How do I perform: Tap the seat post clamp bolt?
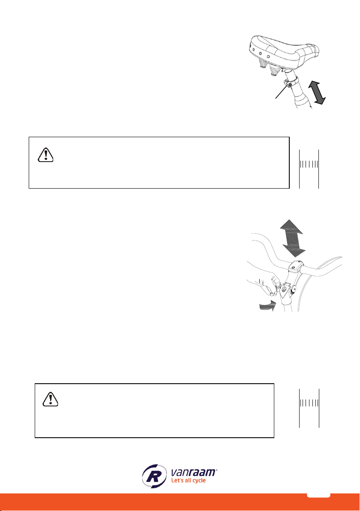point(289,85)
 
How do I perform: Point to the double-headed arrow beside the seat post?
point(317,93)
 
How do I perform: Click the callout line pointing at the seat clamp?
point(282,92)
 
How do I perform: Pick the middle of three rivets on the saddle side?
point(260,54)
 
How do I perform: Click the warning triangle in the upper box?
point(45,154)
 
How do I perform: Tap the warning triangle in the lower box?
point(50,399)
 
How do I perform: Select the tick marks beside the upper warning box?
point(309,164)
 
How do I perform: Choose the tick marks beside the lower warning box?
point(309,403)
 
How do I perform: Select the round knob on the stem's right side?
point(294,289)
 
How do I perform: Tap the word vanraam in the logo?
point(194,472)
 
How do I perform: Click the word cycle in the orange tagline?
point(199,481)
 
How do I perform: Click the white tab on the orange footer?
point(318,495)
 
